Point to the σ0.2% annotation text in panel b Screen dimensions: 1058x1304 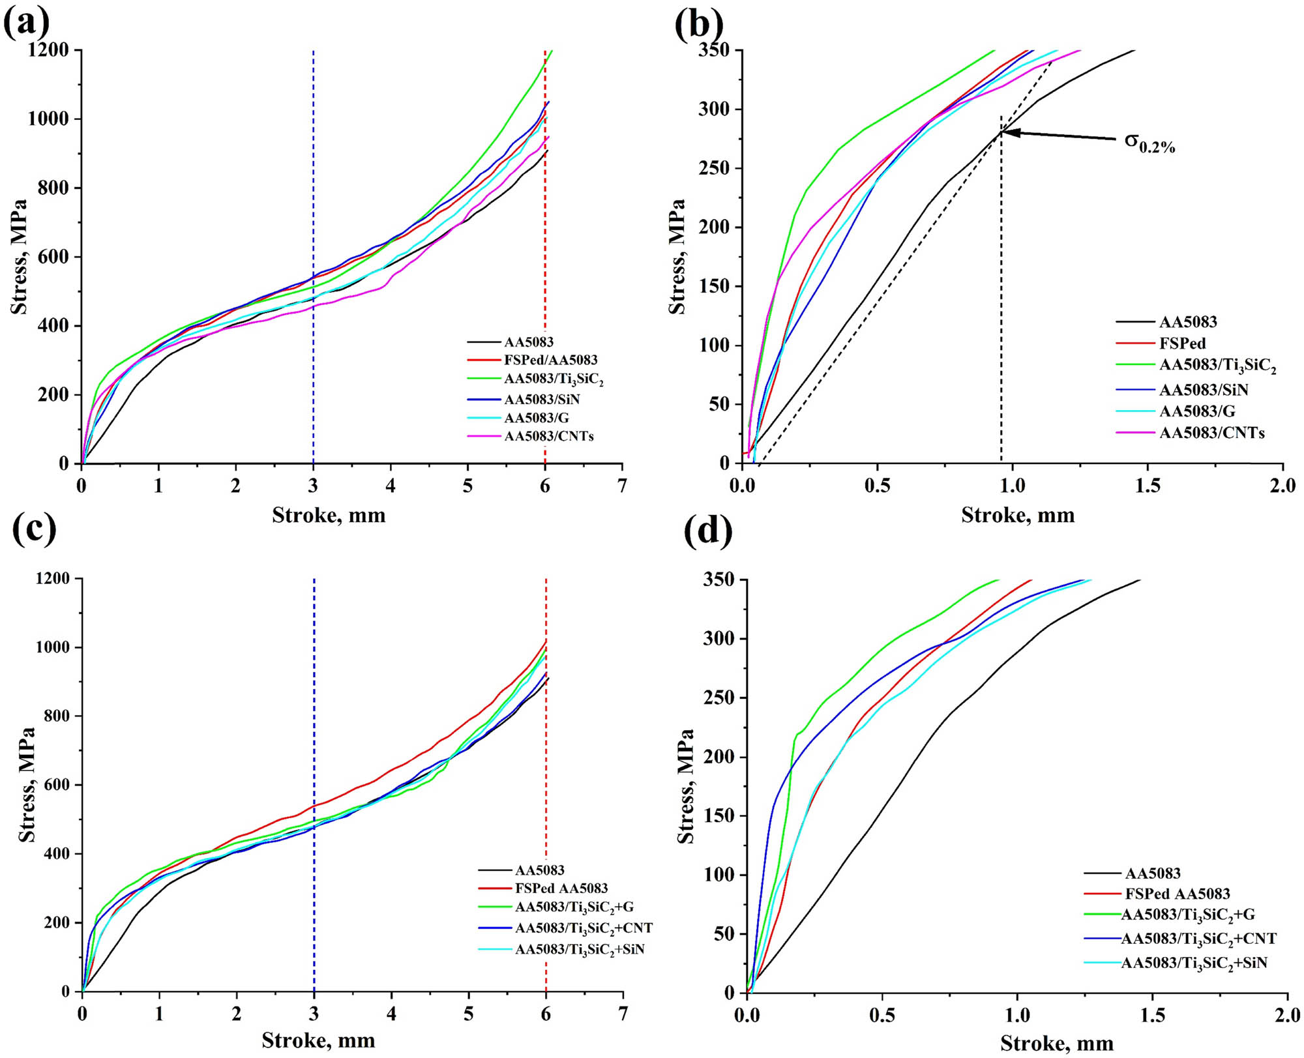pos(1149,143)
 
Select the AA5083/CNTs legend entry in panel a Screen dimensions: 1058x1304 pos(548,436)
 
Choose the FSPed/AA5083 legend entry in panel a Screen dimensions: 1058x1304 pos(550,360)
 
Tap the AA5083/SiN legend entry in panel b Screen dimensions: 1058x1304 pos(1203,390)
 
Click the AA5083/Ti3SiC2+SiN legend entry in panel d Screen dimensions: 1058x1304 pos(1193,963)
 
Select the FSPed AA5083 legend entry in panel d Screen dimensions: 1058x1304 pos(1177,894)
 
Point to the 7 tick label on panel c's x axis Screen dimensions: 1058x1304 pos(623,1014)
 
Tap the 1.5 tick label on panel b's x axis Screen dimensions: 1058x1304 pos(1148,486)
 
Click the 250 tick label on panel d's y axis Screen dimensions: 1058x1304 pos(719,698)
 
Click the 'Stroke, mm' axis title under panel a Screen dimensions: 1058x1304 pos(329,516)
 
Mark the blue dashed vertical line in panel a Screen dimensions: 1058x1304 pos(314,196)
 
